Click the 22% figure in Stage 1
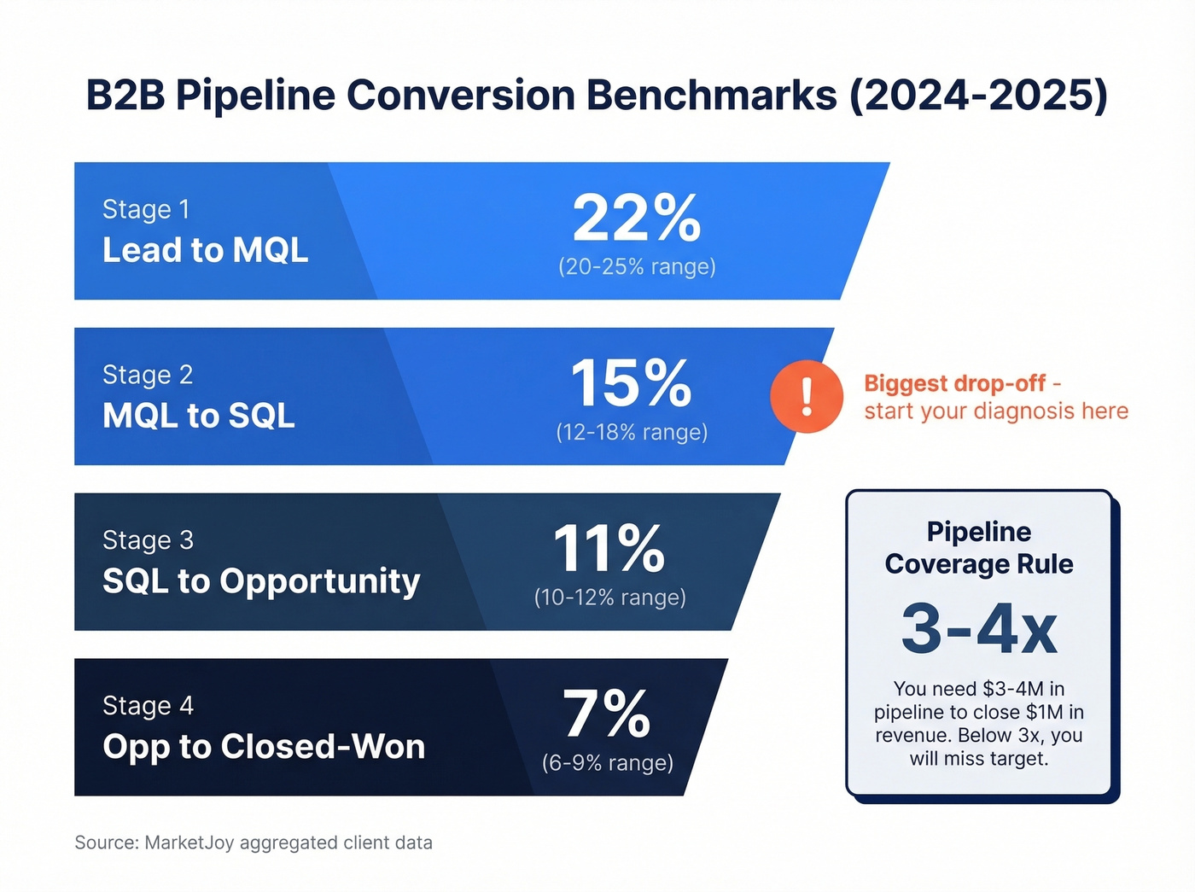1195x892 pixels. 637,219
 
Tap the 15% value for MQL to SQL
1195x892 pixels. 631,384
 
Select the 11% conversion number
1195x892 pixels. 609,549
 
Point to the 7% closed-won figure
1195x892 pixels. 607,714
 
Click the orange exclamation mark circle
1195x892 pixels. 807,397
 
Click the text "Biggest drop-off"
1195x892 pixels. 954,383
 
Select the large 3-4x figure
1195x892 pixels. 979,630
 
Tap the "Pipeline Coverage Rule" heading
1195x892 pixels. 979,548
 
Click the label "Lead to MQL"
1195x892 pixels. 205,250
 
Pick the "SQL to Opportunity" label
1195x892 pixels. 261,581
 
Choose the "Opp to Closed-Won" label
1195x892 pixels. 264,747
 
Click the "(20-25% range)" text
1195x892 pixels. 637,267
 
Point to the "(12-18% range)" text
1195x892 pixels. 632,433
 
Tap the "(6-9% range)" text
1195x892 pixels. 608,763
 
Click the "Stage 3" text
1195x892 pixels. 148,540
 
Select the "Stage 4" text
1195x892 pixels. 148,706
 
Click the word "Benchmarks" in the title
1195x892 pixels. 712,95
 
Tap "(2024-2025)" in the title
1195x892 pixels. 978,95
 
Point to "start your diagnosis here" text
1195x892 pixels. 996,411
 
